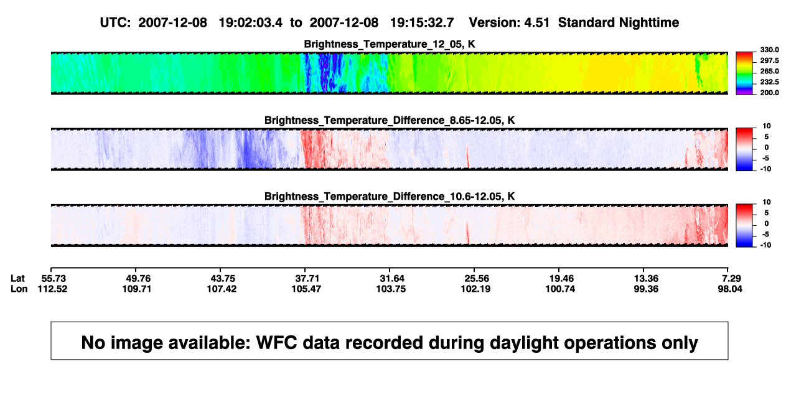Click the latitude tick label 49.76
[x=136, y=279]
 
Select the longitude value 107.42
[x=222, y=289]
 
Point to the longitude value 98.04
[x=730, y=289]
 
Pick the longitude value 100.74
[x=560, y=289]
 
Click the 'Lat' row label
[x=17, y=279]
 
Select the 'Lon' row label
[x=19, y=289]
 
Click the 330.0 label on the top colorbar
[x=770, y=50]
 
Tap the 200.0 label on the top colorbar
[x=770, y=93]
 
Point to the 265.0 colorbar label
[x=770, y=71]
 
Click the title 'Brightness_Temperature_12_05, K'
[x=390, y=44]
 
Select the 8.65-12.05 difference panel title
[x=390, y=120]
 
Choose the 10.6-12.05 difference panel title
[x=390, y=197]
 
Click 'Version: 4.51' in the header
[x=509, y=23]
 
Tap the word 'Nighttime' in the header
[x=648, y=23]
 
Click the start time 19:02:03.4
[x=251, y=23]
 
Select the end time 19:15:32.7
[x=422, y=23]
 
